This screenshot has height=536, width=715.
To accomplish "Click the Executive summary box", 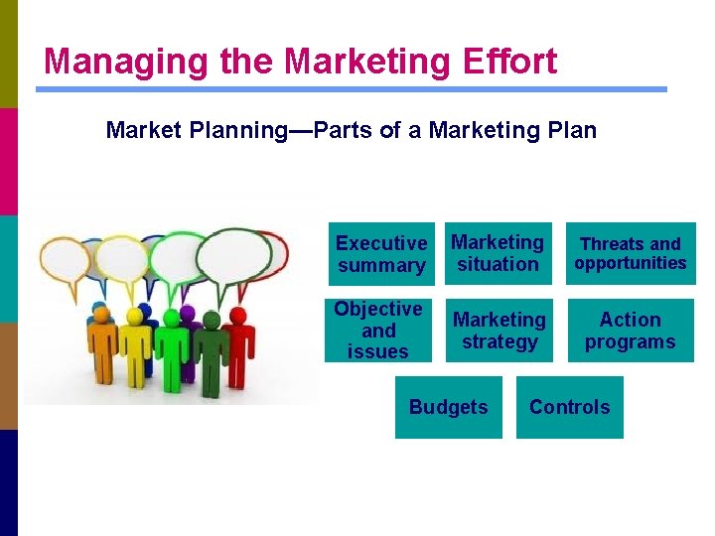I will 381,254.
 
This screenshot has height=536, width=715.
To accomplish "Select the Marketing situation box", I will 498,253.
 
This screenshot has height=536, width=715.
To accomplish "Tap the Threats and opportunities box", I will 631,253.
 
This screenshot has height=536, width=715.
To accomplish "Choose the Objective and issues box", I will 378,330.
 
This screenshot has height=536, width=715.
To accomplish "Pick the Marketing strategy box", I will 499,331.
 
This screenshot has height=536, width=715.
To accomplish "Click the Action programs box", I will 630,331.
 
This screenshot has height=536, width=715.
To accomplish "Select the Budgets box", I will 448,407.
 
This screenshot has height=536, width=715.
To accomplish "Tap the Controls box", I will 569,407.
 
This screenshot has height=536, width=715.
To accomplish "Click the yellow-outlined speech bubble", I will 122,258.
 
